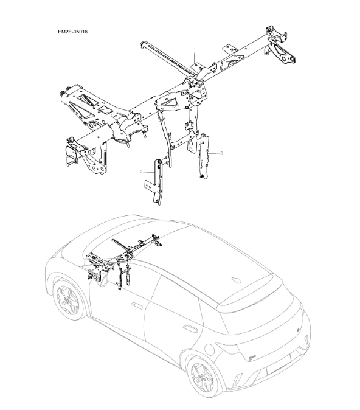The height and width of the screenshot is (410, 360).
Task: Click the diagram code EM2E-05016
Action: (73, 32)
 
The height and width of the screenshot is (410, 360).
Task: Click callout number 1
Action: (195, 49)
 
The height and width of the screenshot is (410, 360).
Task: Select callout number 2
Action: (141, 172)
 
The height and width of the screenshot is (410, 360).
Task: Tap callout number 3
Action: (221, 153)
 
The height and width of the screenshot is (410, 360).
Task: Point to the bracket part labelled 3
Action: (204, 156)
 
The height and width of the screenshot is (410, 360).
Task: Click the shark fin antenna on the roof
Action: (237, 280)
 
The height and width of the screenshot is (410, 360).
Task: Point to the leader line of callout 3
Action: (214, 153)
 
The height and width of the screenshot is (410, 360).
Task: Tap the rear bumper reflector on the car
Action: (237, 378)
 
